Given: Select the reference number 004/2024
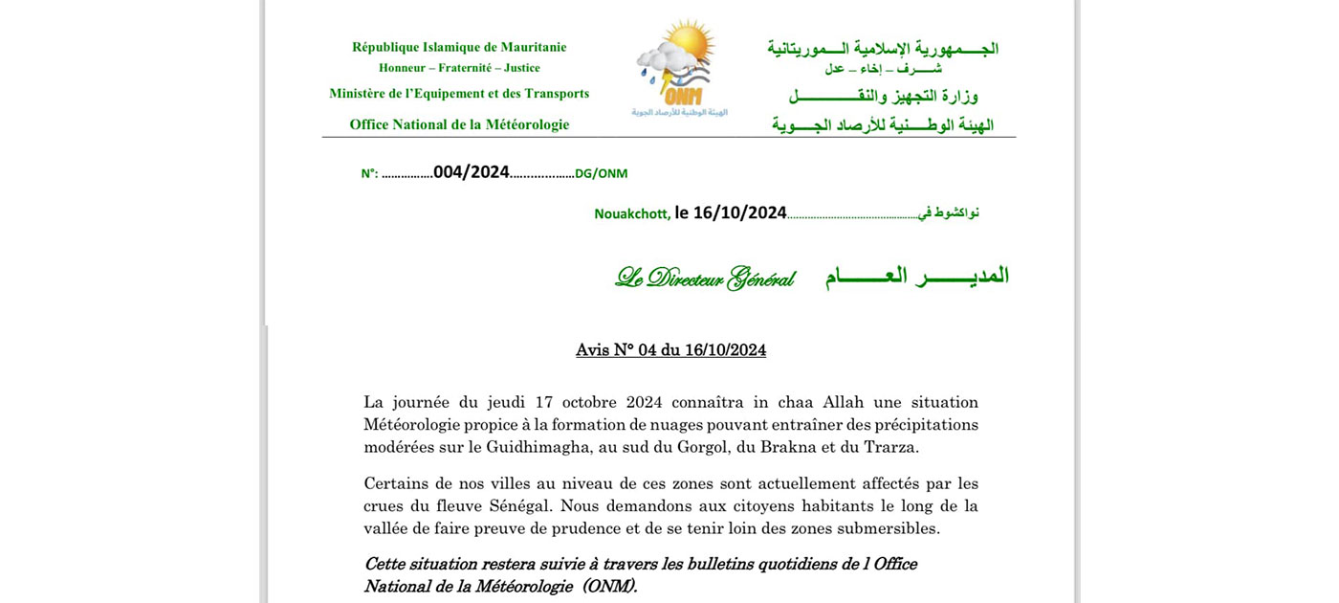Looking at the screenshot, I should tap(471, 172).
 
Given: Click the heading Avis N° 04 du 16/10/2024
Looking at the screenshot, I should tap(670, 350).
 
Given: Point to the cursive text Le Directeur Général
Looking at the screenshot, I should tap(705, 278).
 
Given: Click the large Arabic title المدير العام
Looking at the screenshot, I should tap(916, 277).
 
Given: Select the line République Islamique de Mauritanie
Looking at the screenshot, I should tap(459, 47).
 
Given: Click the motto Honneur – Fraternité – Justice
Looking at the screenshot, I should tap(459, 68).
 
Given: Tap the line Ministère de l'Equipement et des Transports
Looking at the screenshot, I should tap(459, 94).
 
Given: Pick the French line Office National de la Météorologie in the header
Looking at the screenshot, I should tap(459, 124).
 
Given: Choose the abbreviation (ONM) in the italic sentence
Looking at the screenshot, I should tap(609, 587).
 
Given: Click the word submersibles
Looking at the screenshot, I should tap(889, 528).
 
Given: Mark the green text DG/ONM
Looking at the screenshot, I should tap(601, 174).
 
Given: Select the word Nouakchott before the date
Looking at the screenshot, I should tap(631, 214).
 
